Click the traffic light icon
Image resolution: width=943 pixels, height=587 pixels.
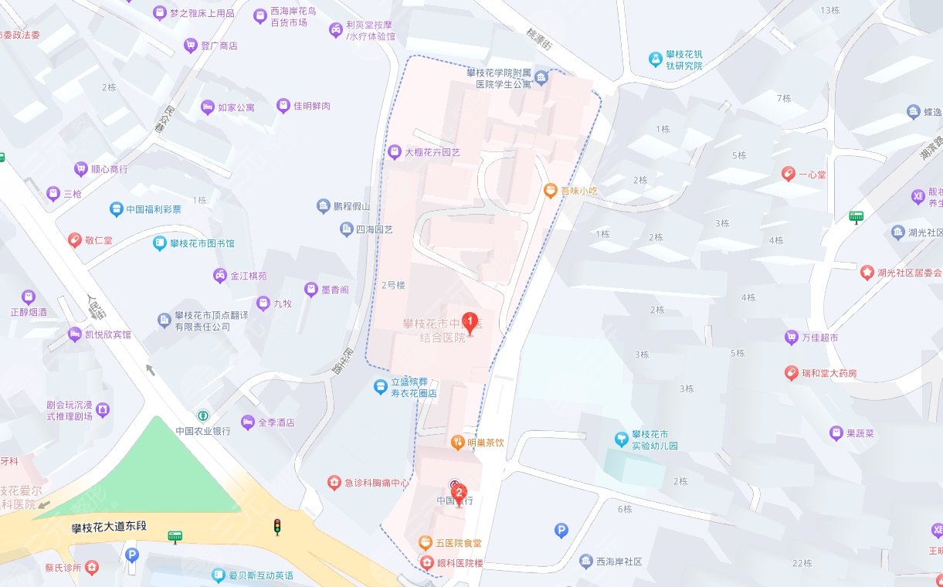276,527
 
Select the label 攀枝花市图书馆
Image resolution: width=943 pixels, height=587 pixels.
202,243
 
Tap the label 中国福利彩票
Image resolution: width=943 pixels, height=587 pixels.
154,209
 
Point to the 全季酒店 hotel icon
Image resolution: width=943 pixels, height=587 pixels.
247,422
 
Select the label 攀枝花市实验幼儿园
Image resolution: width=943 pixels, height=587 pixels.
654,440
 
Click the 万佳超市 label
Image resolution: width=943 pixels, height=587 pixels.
819,338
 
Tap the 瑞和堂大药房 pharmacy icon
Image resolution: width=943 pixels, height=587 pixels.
791,373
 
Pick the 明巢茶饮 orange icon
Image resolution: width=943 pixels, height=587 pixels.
456,443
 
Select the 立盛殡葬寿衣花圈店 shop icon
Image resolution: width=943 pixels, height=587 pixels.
379,386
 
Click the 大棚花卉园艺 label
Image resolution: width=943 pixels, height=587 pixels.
432,153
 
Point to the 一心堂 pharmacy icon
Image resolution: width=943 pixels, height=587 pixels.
788,174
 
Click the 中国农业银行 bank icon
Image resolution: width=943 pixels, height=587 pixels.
202,416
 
